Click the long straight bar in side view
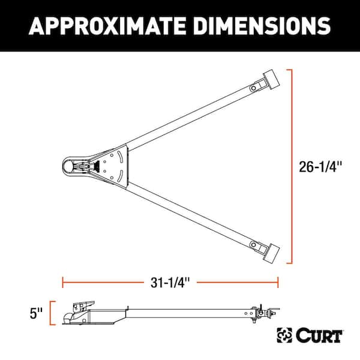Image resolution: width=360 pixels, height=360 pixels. [180, 314]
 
